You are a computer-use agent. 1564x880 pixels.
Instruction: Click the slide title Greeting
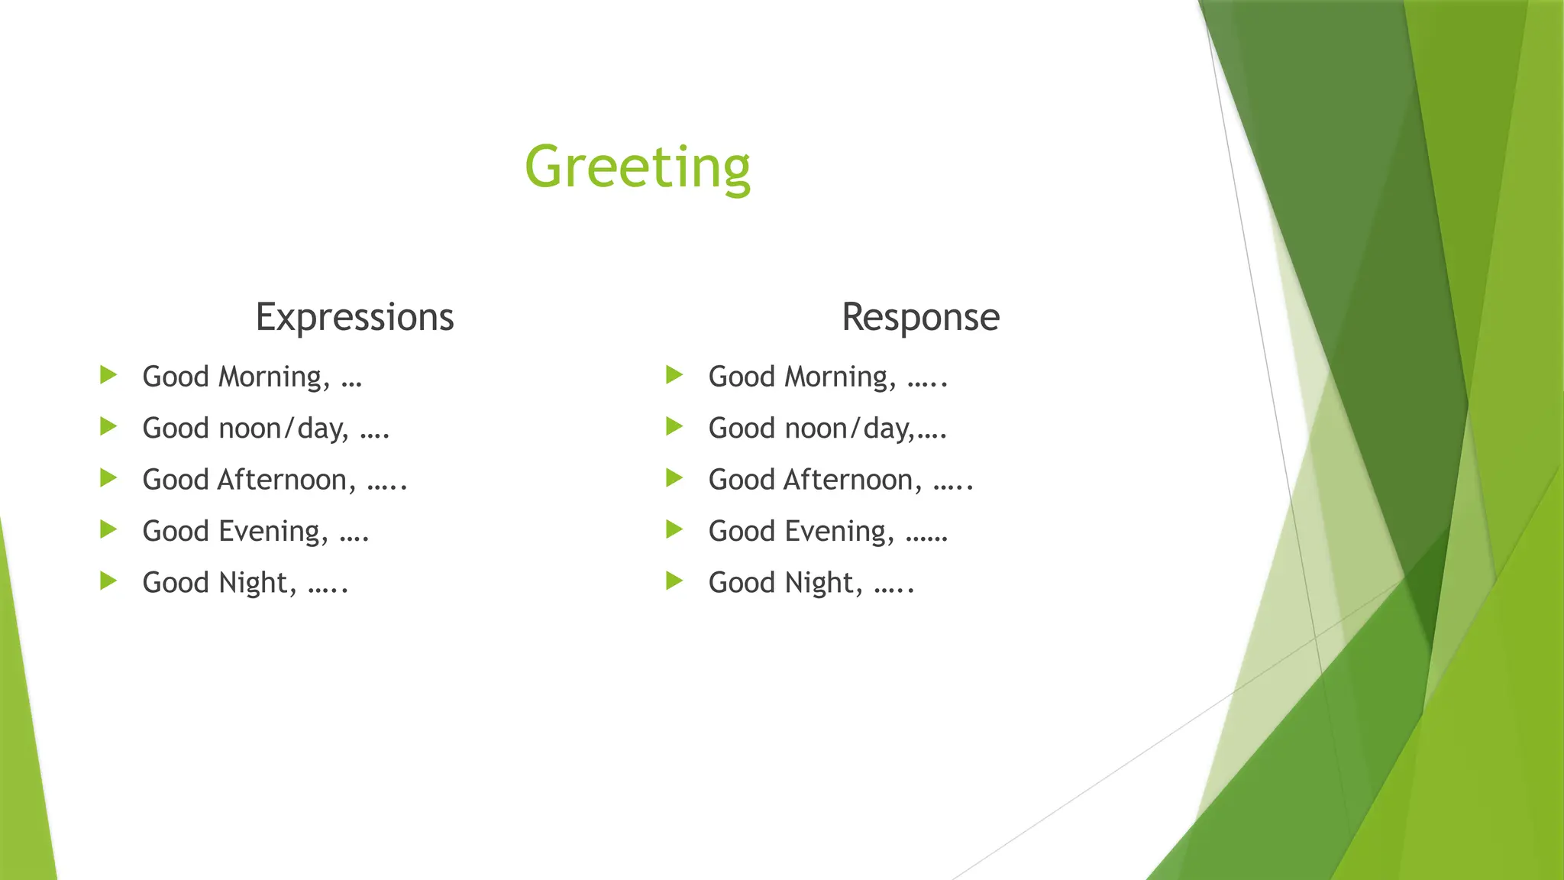click(x=638, y=167)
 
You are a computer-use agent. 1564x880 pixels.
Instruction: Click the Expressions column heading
click(x=354, y=317)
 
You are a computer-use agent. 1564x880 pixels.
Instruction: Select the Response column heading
click(x=920, y=317)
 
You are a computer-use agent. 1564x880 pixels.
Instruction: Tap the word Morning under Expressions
click(x=273, y=377)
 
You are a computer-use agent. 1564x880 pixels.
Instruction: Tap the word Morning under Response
click(x=839, y=377)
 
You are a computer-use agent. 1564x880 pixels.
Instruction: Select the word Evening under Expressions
click(x=273, y=532)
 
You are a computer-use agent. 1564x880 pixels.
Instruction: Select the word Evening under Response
click(x=839, y=532)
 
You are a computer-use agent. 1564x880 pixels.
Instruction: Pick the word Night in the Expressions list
click(x=257, y=583)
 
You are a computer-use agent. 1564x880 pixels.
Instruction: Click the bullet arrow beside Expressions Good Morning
click(x=108, y=375)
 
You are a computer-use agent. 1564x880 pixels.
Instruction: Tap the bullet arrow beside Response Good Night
click(x=674, y=581)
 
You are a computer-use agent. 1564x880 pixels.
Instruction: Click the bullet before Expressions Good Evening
click(x=108, y=529)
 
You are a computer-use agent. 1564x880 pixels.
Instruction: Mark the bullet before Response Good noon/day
click(x=674, y=426)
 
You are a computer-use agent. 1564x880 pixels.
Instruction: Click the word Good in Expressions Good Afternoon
click(x=175, y=480)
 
